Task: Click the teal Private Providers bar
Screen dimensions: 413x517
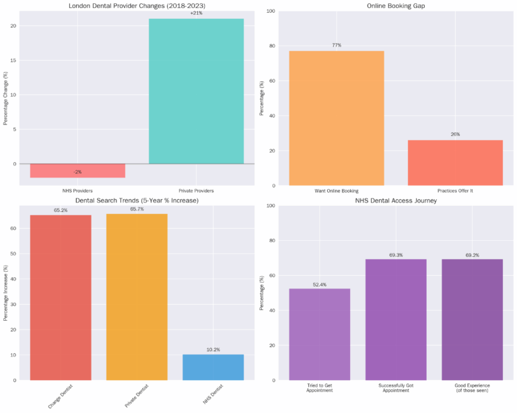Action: [196, 91]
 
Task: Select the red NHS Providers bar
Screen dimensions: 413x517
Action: [77, 171]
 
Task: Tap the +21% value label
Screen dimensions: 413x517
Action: [196, 13]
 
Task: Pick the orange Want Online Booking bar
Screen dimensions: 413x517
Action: [337, 118]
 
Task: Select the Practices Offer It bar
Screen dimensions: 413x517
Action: [455, 163]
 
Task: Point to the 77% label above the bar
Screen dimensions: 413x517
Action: [337, 46]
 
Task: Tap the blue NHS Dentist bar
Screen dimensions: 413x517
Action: [213, 367]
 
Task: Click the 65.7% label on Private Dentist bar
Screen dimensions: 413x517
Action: [137, 209]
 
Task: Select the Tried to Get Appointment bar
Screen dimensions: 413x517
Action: [319, 334]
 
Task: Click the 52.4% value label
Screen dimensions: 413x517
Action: [319, 285]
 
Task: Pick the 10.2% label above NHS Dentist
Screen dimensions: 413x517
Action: [213, 350]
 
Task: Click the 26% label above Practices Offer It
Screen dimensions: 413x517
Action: [455, 135]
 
